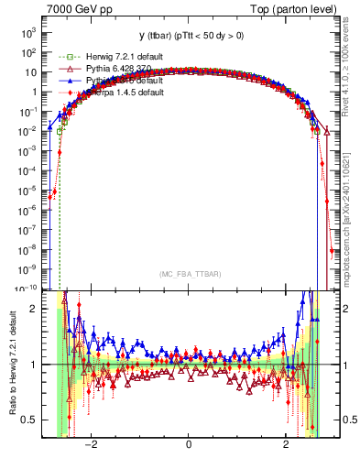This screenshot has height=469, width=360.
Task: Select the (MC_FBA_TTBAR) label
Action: (188, 274)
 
